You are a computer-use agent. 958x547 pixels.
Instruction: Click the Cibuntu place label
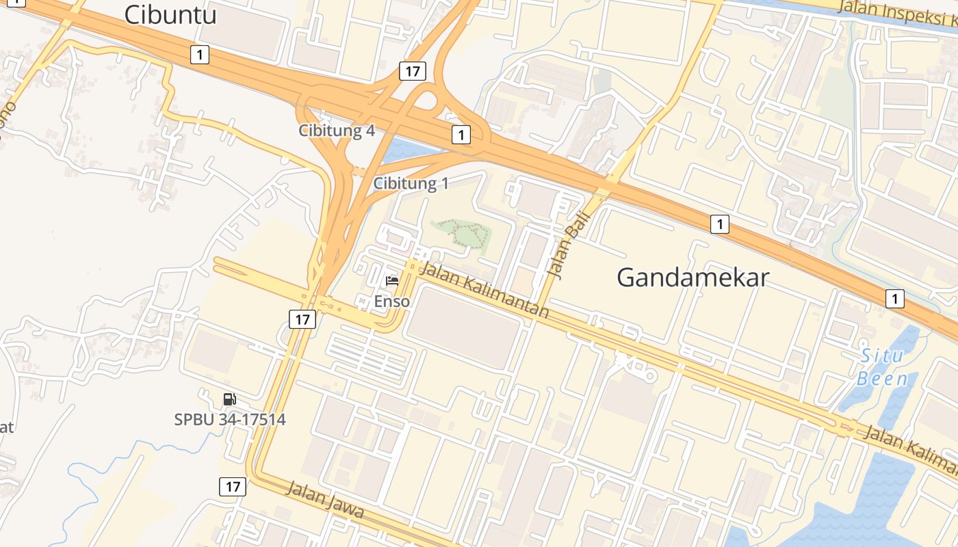(170, 14)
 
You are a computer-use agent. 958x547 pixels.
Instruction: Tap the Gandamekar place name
(692, 278)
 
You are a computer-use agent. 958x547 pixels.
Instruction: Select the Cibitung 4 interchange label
(337, 131)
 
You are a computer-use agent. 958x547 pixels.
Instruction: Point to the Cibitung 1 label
(411, 183)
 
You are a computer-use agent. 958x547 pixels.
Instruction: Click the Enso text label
(392, 301)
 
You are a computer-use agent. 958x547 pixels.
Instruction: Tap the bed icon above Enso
(392, 281)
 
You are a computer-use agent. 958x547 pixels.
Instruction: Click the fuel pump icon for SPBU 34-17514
(230, 399)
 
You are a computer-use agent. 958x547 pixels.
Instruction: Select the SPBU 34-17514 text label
(230, 419)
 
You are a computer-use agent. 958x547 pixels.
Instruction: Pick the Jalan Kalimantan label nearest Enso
(484, 290)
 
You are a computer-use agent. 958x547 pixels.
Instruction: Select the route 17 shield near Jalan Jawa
(233, 486)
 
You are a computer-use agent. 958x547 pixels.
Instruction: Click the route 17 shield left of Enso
(302, 319)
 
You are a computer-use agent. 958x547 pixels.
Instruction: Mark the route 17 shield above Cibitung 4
(413, 70)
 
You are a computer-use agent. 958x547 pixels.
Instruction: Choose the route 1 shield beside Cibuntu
(199, 54)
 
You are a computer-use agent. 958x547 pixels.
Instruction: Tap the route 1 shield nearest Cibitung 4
(461, 135)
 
